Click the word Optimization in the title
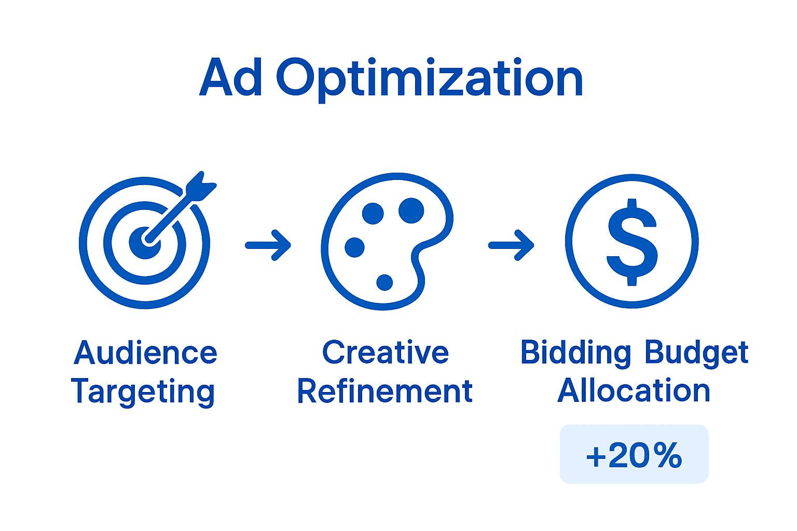[430, 80]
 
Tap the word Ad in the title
[230, 76]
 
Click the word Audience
[145, 353]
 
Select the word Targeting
[143, 392]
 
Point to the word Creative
[386, 352]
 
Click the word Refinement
[385, 390]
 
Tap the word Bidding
[575, 354]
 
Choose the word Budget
[697, 354]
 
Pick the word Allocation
[634, 390]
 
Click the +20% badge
[634, 454]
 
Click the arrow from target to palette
[268, 245]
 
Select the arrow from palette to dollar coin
[511, 245]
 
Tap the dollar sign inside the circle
[632, 242]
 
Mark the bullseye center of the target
[145, 243]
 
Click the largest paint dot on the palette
[411, 211]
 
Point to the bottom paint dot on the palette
[384, 283]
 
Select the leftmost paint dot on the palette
[355, 247]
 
